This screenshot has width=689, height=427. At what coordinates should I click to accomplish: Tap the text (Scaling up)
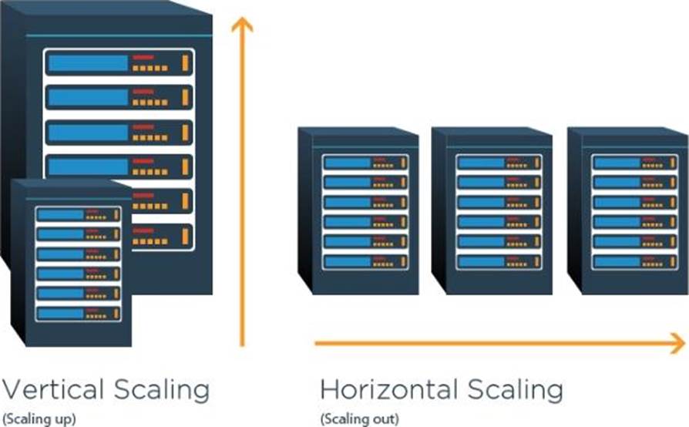(x=39, y=419)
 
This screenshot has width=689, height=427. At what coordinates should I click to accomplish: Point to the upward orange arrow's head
(x=242, y=25)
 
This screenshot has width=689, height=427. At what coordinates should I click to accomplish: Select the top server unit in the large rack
(x=119, y=62)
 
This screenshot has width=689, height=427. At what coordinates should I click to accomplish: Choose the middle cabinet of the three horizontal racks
(x=492, y=210)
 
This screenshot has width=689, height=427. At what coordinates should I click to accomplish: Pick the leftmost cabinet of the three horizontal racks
(x=358, y=210)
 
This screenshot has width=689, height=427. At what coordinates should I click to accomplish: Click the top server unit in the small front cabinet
(x=78, y=214)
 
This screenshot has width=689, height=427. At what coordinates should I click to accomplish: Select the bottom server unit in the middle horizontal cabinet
(x=499, y=261)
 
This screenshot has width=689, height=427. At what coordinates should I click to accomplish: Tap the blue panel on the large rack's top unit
(x=88, y=62)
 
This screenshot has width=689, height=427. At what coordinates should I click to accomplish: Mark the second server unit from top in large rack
(x=119, y=96)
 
